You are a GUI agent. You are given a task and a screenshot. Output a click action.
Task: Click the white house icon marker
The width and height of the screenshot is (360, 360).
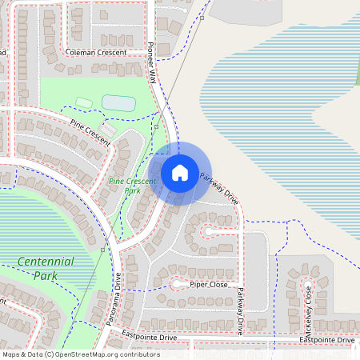[180, 173]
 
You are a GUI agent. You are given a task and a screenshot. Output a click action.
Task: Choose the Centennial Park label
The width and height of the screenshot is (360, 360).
[45, 268]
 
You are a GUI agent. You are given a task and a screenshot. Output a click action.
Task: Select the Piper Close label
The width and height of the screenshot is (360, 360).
[209, 284]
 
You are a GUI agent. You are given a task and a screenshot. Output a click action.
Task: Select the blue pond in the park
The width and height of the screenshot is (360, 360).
[118, 102]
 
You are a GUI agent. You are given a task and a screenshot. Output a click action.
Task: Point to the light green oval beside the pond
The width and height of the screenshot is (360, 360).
[83, 102]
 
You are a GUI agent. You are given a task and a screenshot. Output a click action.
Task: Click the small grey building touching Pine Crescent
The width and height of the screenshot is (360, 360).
[108, 129]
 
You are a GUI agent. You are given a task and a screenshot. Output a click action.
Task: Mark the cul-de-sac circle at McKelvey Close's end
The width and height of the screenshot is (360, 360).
[307, 284]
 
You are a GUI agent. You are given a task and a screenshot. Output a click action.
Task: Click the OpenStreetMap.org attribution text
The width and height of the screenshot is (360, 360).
[103, 354]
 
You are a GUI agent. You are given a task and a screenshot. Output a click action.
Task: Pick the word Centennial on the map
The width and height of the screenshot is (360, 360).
[45, 261]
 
